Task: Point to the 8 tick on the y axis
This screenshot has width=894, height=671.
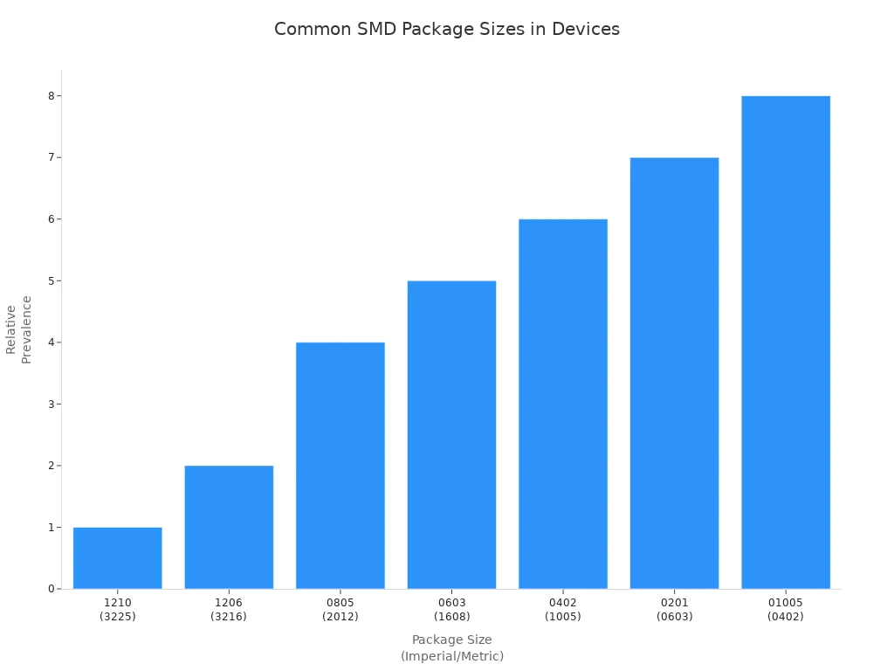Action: tap(52, 96)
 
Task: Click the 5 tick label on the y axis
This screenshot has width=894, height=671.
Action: tap(52, 280)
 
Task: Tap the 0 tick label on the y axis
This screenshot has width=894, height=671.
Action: tap(52, 589)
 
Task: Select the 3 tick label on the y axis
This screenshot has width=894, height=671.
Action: tap(52, 404)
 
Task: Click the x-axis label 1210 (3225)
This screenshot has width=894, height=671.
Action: tap(117, 609)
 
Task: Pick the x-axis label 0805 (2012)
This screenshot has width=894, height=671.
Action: tap(340, 609)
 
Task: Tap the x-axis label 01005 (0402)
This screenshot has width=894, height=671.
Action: tap(786, 609)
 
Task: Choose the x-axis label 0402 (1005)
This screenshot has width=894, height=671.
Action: tap(563, 609)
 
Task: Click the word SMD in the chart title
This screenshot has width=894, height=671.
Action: tap(375, 29)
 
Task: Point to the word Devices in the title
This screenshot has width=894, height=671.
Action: tap(585, 29)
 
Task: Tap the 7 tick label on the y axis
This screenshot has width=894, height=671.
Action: tap(52, 157)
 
